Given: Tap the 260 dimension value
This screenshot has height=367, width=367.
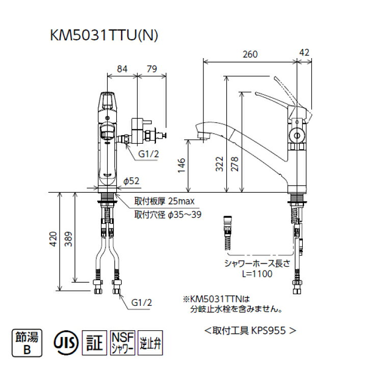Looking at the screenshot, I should click(x=249, y=54).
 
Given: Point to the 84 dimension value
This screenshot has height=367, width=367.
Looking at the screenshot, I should click(x=122, y=69).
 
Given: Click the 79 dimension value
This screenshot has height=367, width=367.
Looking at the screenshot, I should click(x=151, y=69).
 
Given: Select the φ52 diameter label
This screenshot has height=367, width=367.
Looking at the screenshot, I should click(x=132, y=181).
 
